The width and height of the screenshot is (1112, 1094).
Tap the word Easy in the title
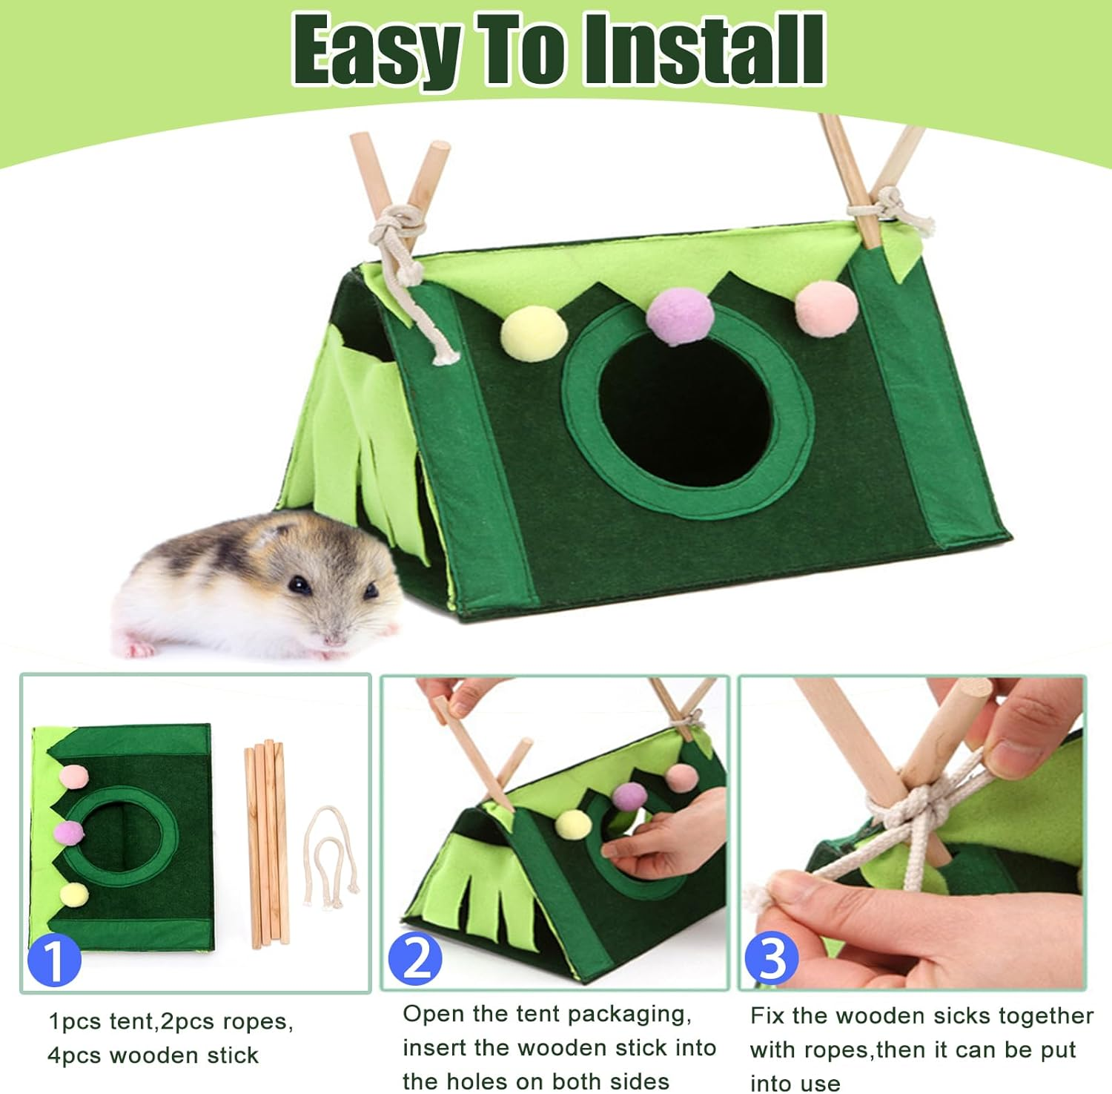click(x=377, y=50)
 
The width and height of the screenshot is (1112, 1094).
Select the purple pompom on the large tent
click(x=675, y=314)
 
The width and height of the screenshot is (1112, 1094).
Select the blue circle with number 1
click(x=54, y=960)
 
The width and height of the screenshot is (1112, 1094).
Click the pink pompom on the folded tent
click(x=73, y=777)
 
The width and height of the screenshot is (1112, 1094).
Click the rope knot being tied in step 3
click(x=916, y=808)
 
